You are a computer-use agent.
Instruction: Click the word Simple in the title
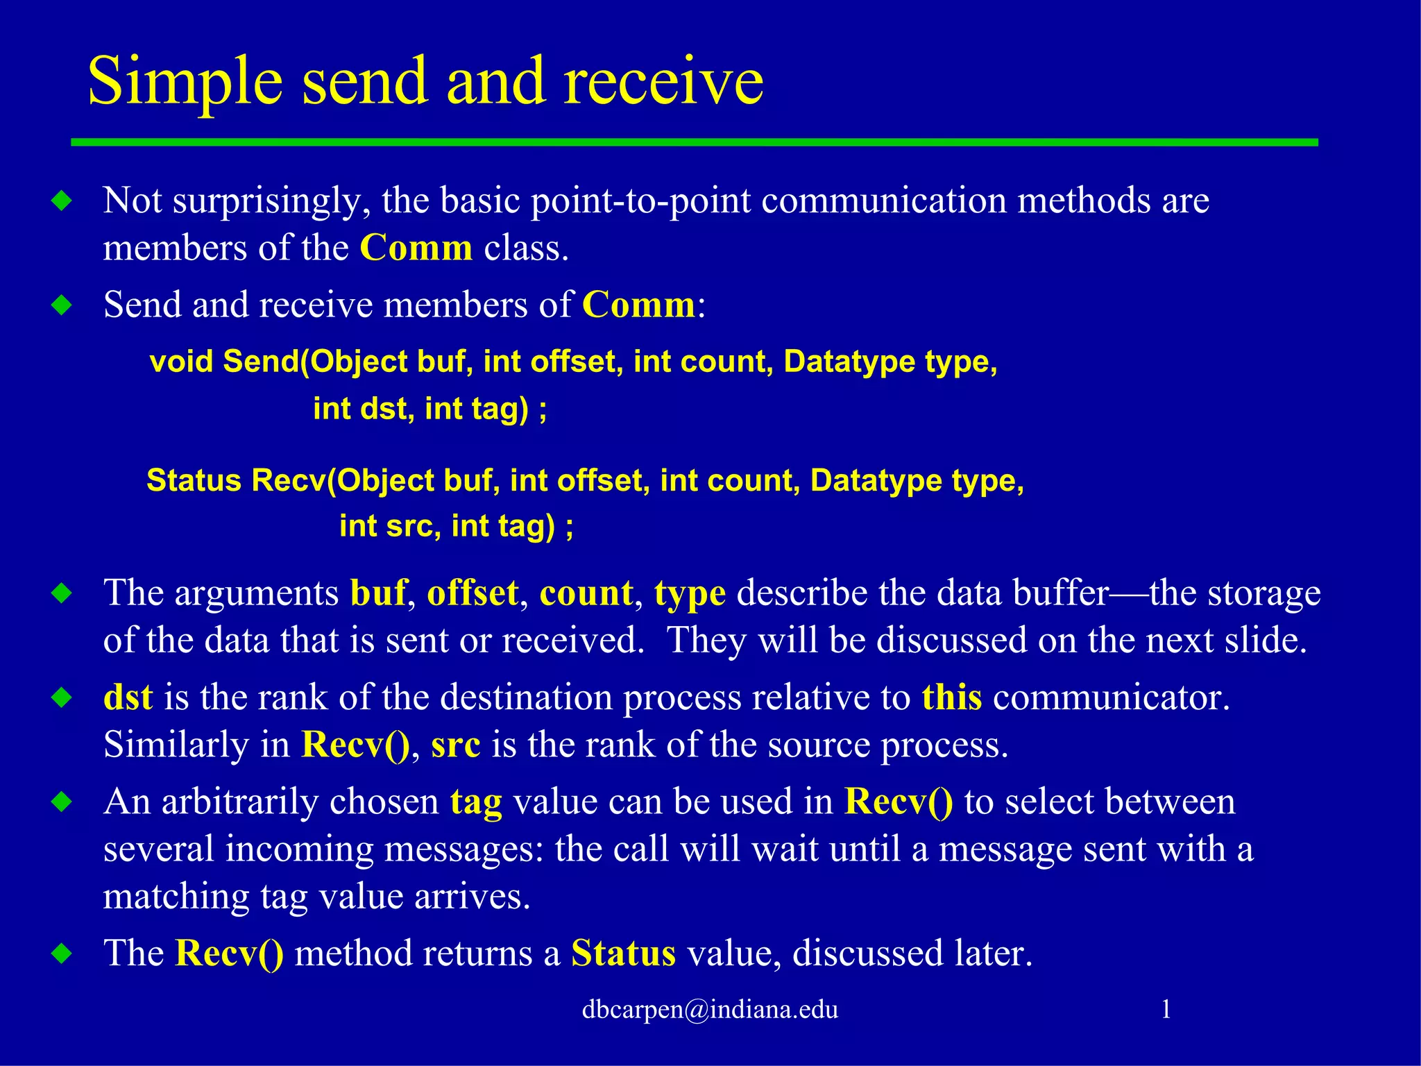(185, 82)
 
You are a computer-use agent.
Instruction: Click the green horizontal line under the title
(694, 142)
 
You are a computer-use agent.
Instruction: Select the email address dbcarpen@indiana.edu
(710, 1009)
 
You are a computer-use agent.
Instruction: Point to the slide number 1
(1166, 1009)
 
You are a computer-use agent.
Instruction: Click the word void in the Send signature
(181, 362)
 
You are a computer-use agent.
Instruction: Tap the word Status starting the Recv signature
(194, 480)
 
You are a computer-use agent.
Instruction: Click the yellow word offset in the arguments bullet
(473, 593)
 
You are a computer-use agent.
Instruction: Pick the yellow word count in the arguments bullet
(586, 593)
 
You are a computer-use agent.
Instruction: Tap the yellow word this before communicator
(951, 697)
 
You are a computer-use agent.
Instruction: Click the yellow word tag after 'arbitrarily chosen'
(476, 803)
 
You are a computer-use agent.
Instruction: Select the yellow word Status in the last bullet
(623, 954)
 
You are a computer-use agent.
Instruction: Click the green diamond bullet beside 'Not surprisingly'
(62, 201)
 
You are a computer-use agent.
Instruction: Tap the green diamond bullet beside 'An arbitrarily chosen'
(62, 802)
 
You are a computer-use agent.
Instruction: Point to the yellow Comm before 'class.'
(416, 248)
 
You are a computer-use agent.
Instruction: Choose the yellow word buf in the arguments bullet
(378, 593)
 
